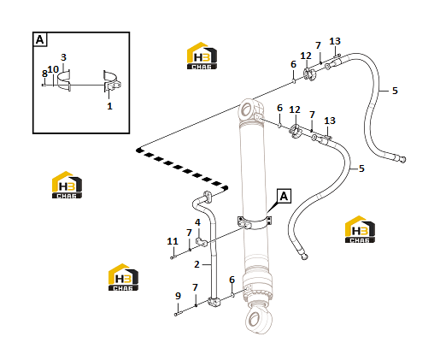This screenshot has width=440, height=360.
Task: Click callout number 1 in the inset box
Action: (x=109, y=106)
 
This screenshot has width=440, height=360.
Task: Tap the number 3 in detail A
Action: (x=63, y=57)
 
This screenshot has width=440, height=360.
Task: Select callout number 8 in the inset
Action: (x=44, y=74)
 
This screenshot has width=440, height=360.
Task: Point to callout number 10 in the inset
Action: (x=53, y=69)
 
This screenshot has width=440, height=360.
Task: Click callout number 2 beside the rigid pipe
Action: (x=197, y=264)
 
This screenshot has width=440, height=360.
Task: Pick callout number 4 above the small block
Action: (x=197, y=222)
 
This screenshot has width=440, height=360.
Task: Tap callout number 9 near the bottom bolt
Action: (x=178, y=296)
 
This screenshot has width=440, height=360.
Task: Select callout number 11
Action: (x=173, y=241)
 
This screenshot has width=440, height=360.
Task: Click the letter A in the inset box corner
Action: (x=40, y=39)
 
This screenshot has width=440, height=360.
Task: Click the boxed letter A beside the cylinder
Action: (x=284, y=196)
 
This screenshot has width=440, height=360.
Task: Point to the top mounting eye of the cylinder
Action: (x=248, y=109)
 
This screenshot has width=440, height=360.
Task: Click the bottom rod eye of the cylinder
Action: (x=258, y=319)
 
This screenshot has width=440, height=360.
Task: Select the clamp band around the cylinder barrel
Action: (x=255, y=223)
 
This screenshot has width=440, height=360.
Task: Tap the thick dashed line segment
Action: (x=182, y=168)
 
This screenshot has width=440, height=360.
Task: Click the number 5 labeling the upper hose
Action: (x=395, y=91)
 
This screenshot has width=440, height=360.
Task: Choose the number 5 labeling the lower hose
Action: (x=361, y=168)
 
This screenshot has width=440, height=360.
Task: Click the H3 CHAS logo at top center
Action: (x=202, y=56)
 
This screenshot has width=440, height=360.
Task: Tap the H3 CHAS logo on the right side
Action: (x=360, y=229)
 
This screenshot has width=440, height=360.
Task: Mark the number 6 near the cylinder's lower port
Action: (x=232, y=280)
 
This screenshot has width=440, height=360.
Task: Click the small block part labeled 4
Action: (x=202, y=242)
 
